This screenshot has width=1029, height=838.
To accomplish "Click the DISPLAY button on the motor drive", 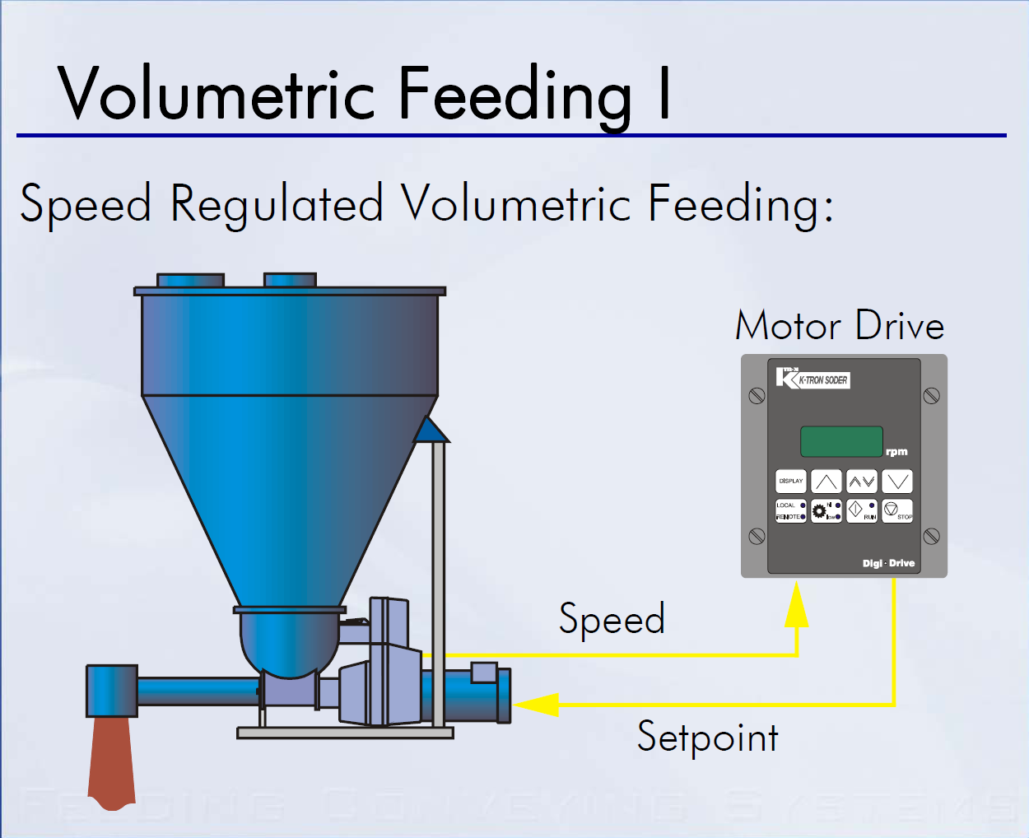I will coord(790,482).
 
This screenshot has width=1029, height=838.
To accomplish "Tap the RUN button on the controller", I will coord(861,511).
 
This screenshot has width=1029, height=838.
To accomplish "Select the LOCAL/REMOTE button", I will coord(790,511).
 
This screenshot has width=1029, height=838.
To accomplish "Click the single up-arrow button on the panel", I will coord(826,482).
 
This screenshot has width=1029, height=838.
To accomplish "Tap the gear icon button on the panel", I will coord(826,511).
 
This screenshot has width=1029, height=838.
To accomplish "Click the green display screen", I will coord(841,441).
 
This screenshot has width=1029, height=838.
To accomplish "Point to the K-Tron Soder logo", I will coord(812,379).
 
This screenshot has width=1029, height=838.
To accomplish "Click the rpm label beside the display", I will coord(896,452).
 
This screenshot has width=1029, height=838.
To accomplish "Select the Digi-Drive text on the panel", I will coord(888,564).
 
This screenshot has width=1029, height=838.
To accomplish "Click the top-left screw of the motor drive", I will coord(757,396).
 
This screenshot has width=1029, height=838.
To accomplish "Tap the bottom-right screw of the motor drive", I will coord(931,537).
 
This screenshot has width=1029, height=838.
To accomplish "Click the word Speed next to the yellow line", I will coord(612,619).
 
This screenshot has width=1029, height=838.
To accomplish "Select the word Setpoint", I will coord(707,738).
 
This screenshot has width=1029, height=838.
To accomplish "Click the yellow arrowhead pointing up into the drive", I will coord(796,605).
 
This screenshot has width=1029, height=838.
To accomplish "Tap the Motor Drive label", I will coord(839,326).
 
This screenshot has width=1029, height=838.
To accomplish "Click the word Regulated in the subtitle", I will coord(277,204).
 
